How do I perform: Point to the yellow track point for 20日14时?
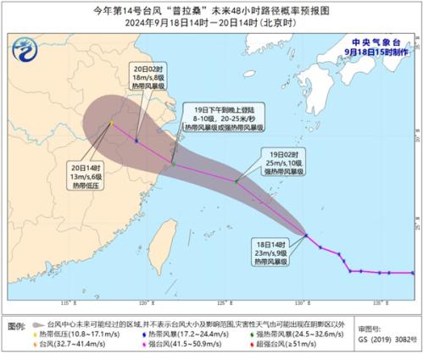(110, 124)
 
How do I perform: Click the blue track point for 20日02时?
(136, 140)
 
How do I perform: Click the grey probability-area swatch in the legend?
(39, 324)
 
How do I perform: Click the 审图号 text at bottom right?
(369, 324)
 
